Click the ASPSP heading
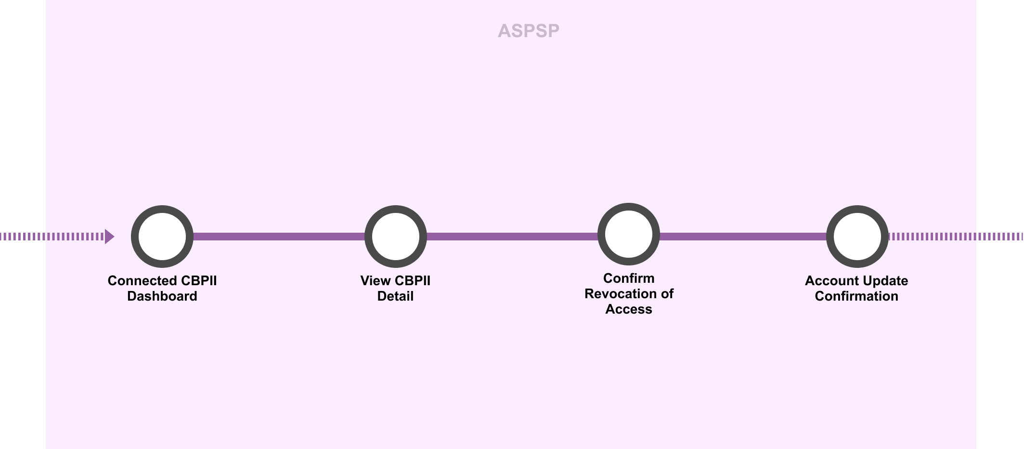528,31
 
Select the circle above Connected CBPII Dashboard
162,237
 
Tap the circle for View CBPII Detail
396,237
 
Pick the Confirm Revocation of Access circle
629,234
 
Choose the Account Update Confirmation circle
857,237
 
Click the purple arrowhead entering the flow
109,237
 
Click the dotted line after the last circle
956,237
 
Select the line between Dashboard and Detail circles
279,237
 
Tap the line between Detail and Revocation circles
512,237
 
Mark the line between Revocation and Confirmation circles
743,237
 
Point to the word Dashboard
162,296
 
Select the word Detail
395,296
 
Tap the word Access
629,309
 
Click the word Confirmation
856,296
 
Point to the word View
376,281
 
